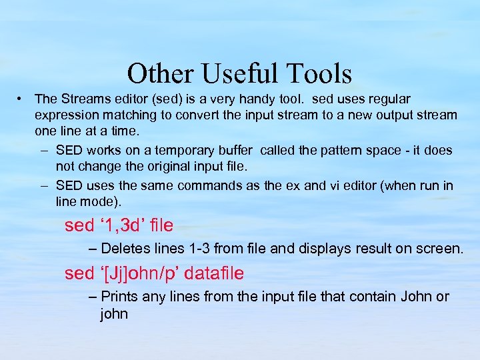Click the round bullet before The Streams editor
[22, 99]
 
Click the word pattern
[333, 151]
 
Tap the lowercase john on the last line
[114, 313]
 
